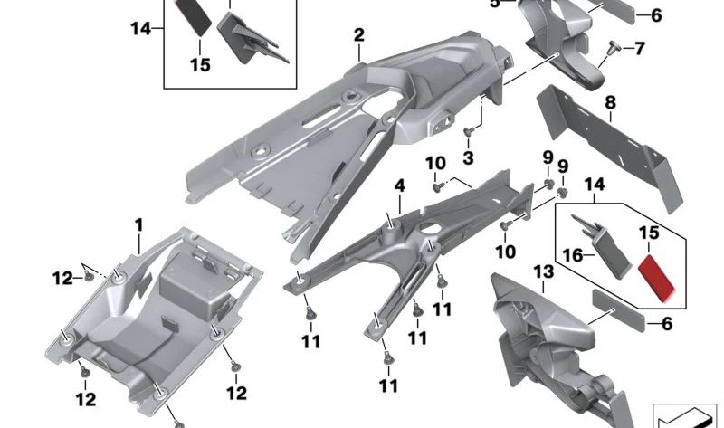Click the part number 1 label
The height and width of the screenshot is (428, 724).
139,223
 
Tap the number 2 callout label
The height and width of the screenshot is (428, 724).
359,35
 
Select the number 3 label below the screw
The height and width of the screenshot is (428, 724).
468,158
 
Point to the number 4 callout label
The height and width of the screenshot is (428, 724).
399,187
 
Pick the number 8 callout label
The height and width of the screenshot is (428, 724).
610,103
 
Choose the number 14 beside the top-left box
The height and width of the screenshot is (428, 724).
140,28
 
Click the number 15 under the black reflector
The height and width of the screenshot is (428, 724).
200,64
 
